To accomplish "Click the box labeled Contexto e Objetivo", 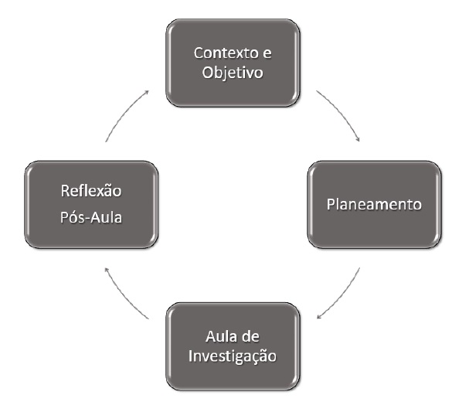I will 233,63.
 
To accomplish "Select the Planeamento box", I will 375,205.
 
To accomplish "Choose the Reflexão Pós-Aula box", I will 92,205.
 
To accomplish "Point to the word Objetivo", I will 233,73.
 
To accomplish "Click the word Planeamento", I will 375,205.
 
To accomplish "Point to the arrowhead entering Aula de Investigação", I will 318,315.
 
